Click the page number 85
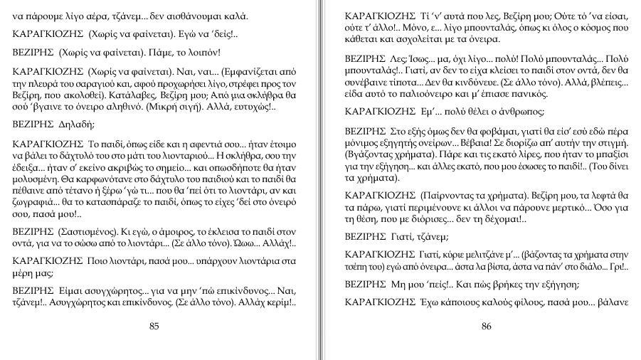[x=154, y=327]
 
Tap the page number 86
[x=487, y=327]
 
